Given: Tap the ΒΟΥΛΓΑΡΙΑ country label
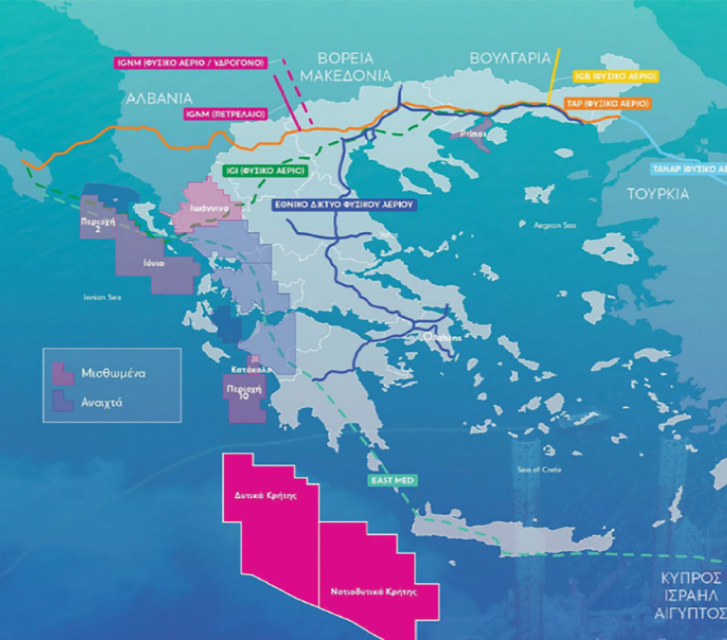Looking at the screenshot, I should coord(510,59).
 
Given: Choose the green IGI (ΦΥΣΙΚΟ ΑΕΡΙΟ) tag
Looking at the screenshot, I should coord(265,171).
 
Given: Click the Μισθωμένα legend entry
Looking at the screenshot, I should coord(113,373).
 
